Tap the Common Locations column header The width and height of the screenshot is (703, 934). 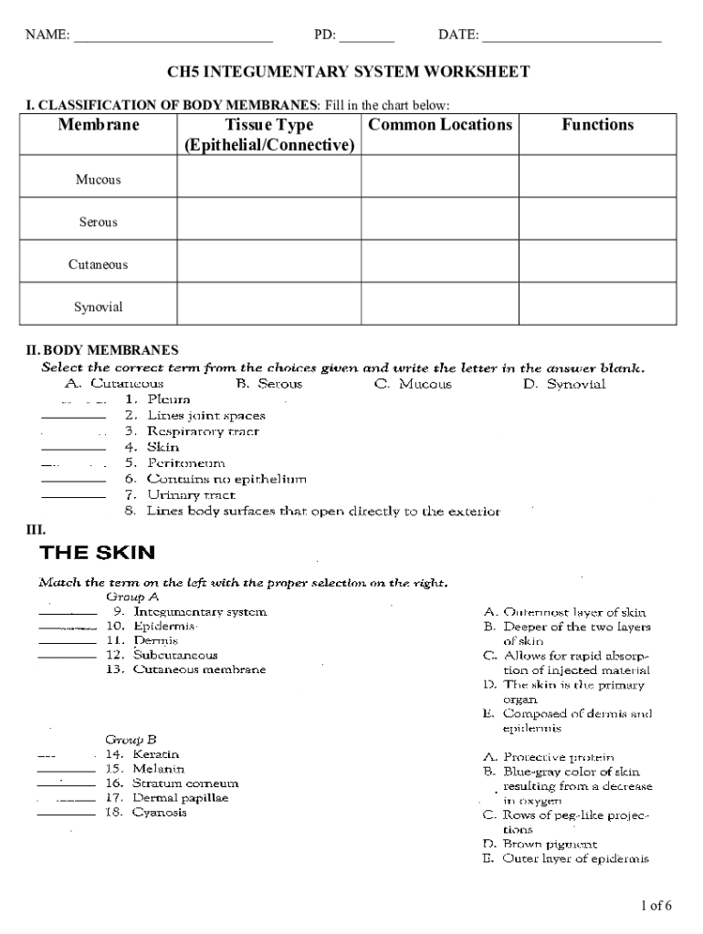click(x=440, y=125)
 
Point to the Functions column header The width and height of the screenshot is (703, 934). click(x=597, y=125)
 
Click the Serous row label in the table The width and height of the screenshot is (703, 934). click(x=98, y=222)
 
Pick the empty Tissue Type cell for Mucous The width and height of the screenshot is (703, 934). click(x=268, y=179)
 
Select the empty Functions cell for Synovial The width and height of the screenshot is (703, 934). click(x=597, y=306)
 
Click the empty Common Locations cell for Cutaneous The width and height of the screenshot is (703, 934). click(x=440, y=264)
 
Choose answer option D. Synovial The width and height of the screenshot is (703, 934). click(x=563, y=384)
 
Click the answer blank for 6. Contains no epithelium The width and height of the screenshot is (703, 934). click(x=74, y=480)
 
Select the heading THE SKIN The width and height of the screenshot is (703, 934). click(x=97, y=552)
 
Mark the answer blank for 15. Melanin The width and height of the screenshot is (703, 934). click(x=66, y=771)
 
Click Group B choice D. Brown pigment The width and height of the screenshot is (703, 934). click(x=540, y=845)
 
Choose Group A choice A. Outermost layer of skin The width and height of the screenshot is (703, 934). click(x=564, y=612)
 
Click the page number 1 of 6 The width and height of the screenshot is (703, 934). click(x=656, y=906)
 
